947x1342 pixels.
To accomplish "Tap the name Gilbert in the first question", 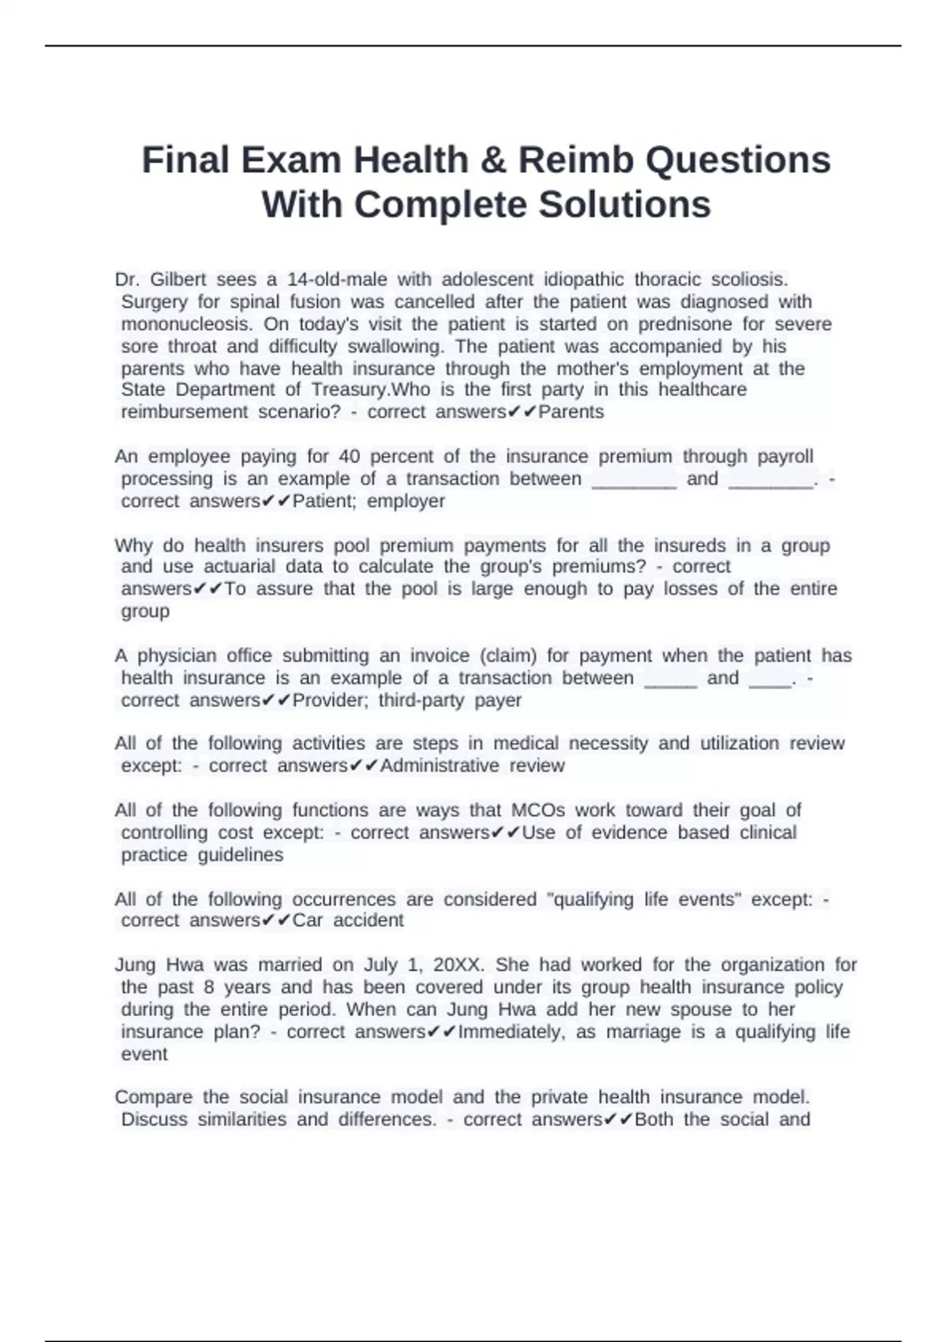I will [x=178, y=279].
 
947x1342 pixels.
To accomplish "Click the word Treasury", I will [x=346, y=389].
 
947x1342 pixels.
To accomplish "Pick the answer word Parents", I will [x=571, y=411].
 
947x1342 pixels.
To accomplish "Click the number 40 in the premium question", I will [x=349, y=456].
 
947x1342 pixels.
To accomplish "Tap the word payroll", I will [x=785, y=456].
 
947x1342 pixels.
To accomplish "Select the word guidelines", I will [x=241, y=855].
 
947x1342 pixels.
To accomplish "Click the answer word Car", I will [x=308, y=920].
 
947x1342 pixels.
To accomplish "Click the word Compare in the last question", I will [x=154, y=1096].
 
